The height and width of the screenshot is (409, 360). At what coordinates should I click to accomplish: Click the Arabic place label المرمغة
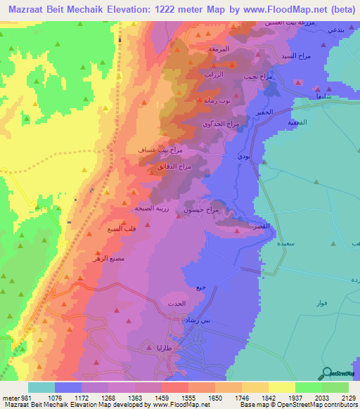pyautogui.click(x=219, y=49)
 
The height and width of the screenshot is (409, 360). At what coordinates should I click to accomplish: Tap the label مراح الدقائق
pyautogui.click(x=175, y=167)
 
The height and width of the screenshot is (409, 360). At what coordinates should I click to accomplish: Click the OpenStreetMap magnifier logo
pyautogui.click(x=327, y=373)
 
